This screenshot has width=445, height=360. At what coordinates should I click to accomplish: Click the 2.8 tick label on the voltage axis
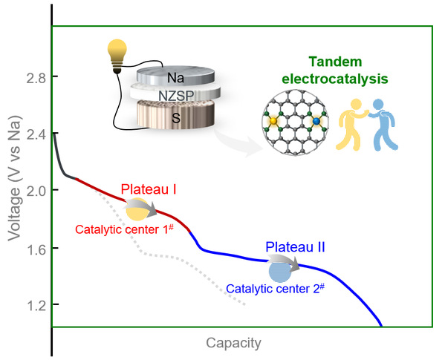36,78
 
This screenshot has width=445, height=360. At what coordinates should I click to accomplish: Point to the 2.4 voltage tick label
36,135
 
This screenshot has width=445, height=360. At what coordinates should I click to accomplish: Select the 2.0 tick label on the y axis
36,192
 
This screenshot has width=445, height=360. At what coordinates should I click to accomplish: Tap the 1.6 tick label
36,249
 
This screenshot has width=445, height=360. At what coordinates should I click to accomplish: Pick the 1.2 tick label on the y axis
36,307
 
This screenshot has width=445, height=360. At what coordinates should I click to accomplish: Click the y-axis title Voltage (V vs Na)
15,178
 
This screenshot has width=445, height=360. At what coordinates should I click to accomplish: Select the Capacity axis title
233,343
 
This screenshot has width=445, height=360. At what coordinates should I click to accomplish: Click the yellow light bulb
117,56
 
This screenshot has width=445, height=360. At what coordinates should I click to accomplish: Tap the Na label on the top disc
175,78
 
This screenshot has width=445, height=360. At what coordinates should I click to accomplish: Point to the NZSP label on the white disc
176,96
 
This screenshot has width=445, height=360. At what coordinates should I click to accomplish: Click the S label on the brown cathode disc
176,118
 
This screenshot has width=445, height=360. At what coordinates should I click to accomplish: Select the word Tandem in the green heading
335,62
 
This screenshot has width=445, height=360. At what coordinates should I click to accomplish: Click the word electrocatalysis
335,79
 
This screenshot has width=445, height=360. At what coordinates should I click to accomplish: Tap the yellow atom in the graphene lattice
273,121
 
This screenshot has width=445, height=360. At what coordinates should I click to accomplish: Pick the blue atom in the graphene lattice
316,121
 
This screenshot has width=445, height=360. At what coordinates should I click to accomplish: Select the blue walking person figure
383,125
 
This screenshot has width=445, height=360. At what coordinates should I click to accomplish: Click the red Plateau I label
149,189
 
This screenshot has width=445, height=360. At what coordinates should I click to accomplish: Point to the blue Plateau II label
295,247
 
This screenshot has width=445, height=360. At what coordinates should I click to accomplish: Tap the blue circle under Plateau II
280,272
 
